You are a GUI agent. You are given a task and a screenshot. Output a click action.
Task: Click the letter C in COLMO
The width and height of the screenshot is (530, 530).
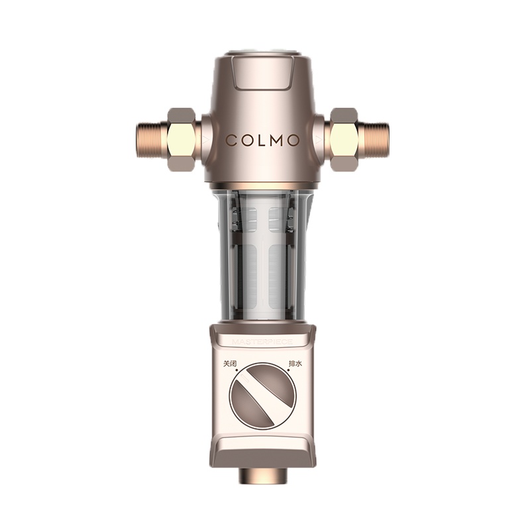coord(231,140)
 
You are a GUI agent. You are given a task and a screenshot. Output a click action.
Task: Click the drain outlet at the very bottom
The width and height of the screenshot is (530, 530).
coord(264,475)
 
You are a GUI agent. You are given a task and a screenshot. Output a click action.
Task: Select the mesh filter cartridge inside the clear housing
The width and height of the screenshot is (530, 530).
coord(265,258)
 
